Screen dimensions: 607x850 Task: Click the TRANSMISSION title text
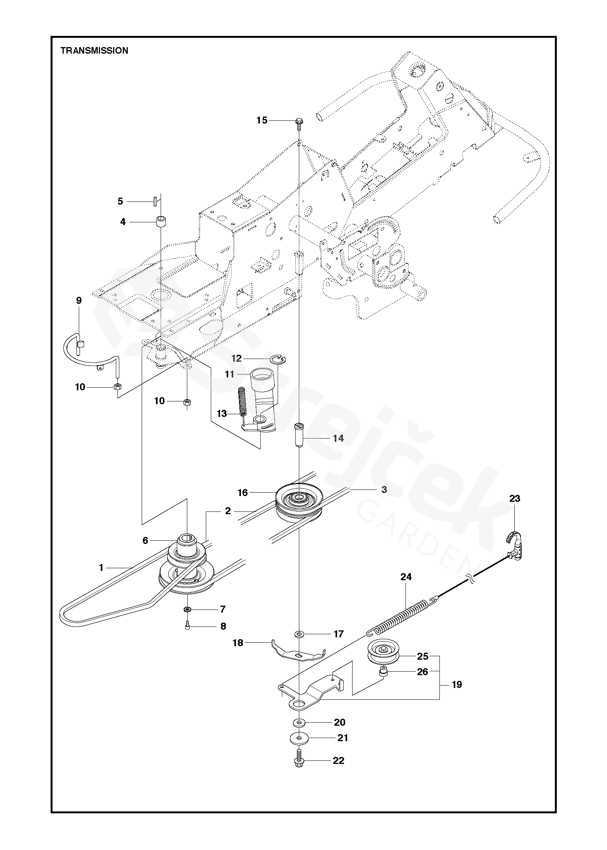94,51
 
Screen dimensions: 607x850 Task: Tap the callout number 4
123,222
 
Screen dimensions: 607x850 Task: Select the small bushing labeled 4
161,223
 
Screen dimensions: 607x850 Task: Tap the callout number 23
515,499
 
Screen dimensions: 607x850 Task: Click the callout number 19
457,685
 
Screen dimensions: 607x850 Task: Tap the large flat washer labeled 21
299,738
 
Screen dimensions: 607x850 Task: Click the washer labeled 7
187,610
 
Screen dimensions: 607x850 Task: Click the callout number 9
79,300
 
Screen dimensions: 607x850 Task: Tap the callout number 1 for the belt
101,567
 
